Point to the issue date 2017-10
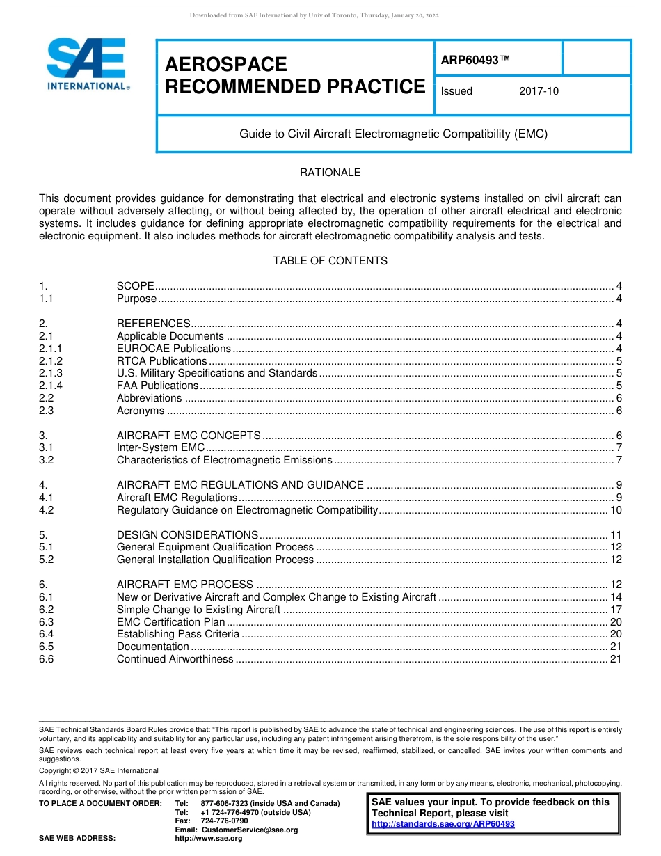point(539,91)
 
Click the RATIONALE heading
point(330,173)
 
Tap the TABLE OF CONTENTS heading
point(330,261)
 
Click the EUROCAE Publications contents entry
point(173,349)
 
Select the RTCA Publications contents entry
point(161,361)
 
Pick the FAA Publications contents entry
point(157,386)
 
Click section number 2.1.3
point(51,373)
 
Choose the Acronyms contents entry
point(141,411)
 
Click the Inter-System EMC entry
point(161,447)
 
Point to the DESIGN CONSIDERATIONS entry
point(187,535)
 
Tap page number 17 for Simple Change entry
point(615,610)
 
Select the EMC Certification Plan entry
point(170,622)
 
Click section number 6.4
point(47,634)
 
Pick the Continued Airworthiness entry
point(175,659)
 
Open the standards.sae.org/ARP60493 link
point(443,824)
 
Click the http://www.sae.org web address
point(209,839)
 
